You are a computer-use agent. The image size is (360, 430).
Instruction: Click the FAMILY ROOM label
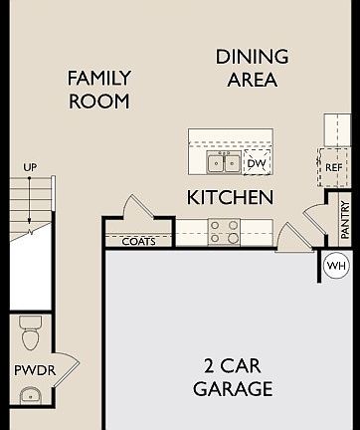coord(98,89)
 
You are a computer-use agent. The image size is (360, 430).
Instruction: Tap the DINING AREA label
coord(252,69)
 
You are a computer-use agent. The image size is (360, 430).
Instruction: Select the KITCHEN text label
coord(230,198)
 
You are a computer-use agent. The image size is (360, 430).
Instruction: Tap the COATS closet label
coord(137,241)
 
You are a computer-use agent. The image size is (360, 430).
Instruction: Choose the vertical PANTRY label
coord(345,220)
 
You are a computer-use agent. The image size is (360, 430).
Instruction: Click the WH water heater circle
coord(335,266)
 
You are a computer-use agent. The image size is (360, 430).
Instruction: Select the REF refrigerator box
coord(333,167)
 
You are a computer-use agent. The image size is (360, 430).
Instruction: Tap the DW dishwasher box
coord(257,163)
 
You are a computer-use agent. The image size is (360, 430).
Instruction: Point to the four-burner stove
coord(224,232)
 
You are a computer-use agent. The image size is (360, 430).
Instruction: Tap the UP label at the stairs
coord(30,168)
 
